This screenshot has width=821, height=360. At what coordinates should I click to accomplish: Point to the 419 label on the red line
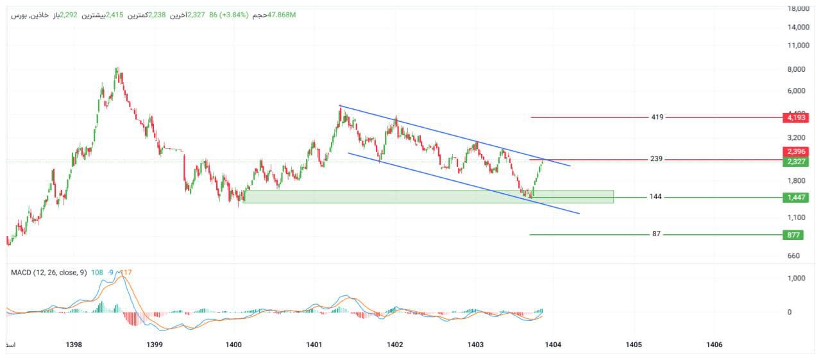[x=657, y=117]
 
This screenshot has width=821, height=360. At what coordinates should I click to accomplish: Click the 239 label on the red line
[x=656, y=159]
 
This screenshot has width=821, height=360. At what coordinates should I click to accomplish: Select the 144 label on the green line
[x=656, y=198]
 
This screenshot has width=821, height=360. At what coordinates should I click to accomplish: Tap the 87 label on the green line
[x=656, y=234]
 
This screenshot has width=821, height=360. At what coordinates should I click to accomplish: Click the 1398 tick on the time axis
[x=74, y=345]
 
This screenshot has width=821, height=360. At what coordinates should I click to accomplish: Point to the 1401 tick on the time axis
[x=314, y=345]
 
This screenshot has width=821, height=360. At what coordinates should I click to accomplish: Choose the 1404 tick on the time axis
[x=553, y=345]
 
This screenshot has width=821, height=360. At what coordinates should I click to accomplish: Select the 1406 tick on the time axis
[x=714, y=345]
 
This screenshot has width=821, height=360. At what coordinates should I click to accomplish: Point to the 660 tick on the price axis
[x=794, y=255]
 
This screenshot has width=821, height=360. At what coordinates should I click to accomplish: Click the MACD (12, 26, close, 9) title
[x=49, y=273]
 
